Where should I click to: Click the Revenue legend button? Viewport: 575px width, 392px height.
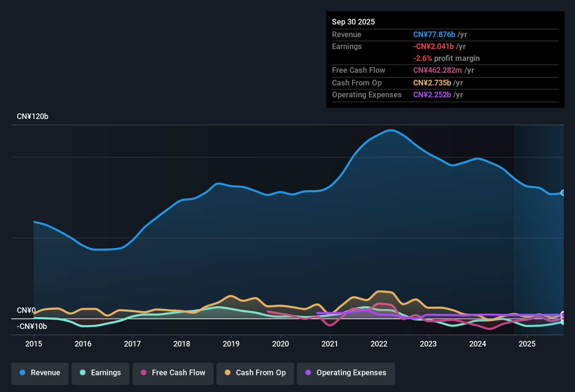tap(40, 373)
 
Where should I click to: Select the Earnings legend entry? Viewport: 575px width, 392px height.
tap(101, 373)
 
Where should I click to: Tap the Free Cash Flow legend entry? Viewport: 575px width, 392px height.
tap(173, 373)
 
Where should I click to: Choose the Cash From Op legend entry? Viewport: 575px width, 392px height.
tap(255, 373)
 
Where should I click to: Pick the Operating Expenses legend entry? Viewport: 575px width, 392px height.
tap(346, 373)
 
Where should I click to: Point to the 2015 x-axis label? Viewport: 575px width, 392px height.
tap(34, 344)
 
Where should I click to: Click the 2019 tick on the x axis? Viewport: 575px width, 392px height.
tap(231, 344)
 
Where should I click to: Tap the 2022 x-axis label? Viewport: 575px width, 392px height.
tap(379, 344)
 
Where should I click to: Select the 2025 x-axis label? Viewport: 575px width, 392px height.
tap(527, 344)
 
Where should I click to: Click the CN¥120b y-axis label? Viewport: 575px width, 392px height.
tap(33, 117)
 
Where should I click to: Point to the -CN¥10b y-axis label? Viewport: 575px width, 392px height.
tap(32, 327)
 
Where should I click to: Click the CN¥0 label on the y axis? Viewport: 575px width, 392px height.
tap(26, 310)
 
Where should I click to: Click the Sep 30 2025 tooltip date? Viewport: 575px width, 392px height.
tap(353, 22)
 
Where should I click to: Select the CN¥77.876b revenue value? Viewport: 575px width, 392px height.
tap(434, 34)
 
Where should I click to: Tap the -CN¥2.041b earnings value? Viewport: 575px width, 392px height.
tap(434, 46)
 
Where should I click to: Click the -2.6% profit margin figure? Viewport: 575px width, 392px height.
tap(423, 58)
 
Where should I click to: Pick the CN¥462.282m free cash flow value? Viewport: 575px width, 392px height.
tap(437, 70)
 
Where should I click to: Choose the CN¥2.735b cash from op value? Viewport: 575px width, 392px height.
tap(432, 83)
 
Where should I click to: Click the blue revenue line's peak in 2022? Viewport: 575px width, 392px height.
tap(391, 130)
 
